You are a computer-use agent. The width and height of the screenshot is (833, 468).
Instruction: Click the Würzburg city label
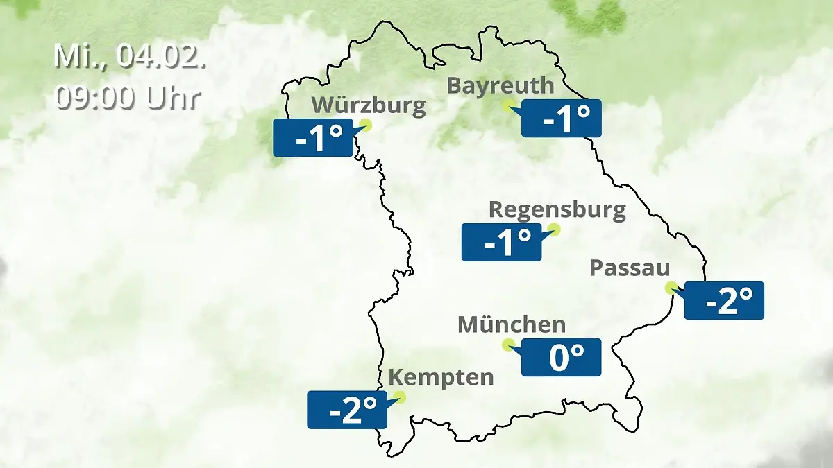pyautogui.click(x=368, y=105)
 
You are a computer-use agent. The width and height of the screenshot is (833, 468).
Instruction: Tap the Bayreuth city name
pyautogui.click(x=500, y=86)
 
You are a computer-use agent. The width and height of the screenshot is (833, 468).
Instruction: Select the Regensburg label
pyautogui.click(x=557, y=209)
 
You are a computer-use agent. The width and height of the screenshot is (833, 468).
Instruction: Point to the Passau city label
pyautogui.click(x=630, y=268)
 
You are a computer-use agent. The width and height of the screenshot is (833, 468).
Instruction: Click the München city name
pyautogui.click(x=512, y=324)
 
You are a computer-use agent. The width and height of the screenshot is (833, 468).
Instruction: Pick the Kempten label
pyautogui.click(x=441, y=378)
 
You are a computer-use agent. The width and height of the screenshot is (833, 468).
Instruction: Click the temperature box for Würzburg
pyautogui.click(x=313, y=138)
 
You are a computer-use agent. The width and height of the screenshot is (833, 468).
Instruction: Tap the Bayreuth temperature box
pyautogui.click(x=561, y=119)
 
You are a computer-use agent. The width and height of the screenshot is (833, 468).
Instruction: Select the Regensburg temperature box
pyautogui.click(x=501, y=242)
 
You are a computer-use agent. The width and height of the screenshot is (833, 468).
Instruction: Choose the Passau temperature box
pyautogui.click(x=724, y=300)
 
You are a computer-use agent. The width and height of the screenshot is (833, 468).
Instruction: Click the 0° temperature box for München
pyautogui.click(x=561, y=357)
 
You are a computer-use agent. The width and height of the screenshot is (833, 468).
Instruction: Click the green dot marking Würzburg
pyautogui.click(x=366, y=125)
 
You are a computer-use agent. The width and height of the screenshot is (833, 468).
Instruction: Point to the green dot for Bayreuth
pyautogui.click(x=509, y=105)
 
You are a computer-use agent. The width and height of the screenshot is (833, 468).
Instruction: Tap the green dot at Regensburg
pyautogui.click(x=553, y=229)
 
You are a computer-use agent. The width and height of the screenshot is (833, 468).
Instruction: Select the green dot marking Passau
pyautogui.click(x=671, y=287)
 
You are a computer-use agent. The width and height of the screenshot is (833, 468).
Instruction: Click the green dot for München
pyautogui.click(x=508, y=344)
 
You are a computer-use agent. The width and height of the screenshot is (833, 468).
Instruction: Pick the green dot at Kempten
pyautogui.click(x=398, y=397)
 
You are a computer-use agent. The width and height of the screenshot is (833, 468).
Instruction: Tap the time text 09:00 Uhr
pyautogui.click(x=128, y=98)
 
